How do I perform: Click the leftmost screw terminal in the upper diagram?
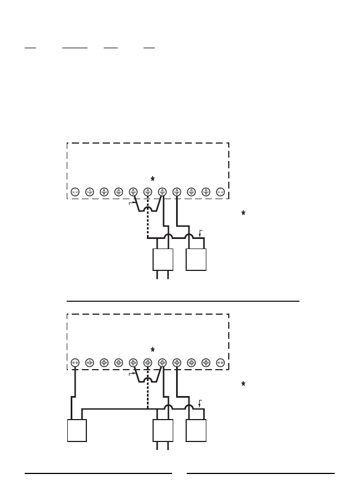pyautogui.click(x=75, y=192)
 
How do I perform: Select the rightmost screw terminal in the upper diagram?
pyautogui.click(x=220, y=192)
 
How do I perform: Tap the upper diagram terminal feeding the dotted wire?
pyautogui.click(x=148, y=192)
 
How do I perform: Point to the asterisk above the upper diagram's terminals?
pyautogui.click(x=153, y=179)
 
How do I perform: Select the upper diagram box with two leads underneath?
pyautogui.click(x=163, y=260)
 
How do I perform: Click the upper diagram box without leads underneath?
pyautogui.click(x=196, y=260)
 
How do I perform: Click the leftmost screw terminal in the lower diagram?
pyautogui.click(x=75, y=363)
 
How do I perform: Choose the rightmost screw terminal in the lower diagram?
pyautogui.click(x=220, y=363)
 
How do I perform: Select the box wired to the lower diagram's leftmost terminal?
pyautogui.click(x=77, y=430)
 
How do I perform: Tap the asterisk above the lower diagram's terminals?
pyautogui.click(x=153, y=350)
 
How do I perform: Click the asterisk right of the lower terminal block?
pyautogui.click(x=243, y=384)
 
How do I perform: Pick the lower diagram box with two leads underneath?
pyautogui.click(x=163, y=430)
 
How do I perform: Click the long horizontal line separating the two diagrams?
pyautogui.click(x=183, y=301)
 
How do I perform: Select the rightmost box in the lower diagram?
pyautogui.click(x=196, y=430)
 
